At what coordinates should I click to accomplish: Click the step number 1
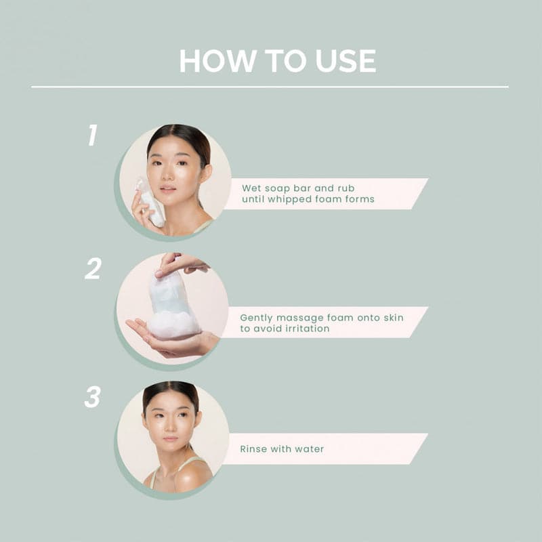click(93, 135)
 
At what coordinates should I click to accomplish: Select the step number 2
click(93, 269)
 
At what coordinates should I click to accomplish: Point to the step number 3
click(92, 398)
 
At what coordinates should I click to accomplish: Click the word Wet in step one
click(252, 188)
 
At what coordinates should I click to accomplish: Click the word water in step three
click(309, 449)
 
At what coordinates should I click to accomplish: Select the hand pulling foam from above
click(180, 264)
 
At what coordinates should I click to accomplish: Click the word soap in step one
click(280, 188)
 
